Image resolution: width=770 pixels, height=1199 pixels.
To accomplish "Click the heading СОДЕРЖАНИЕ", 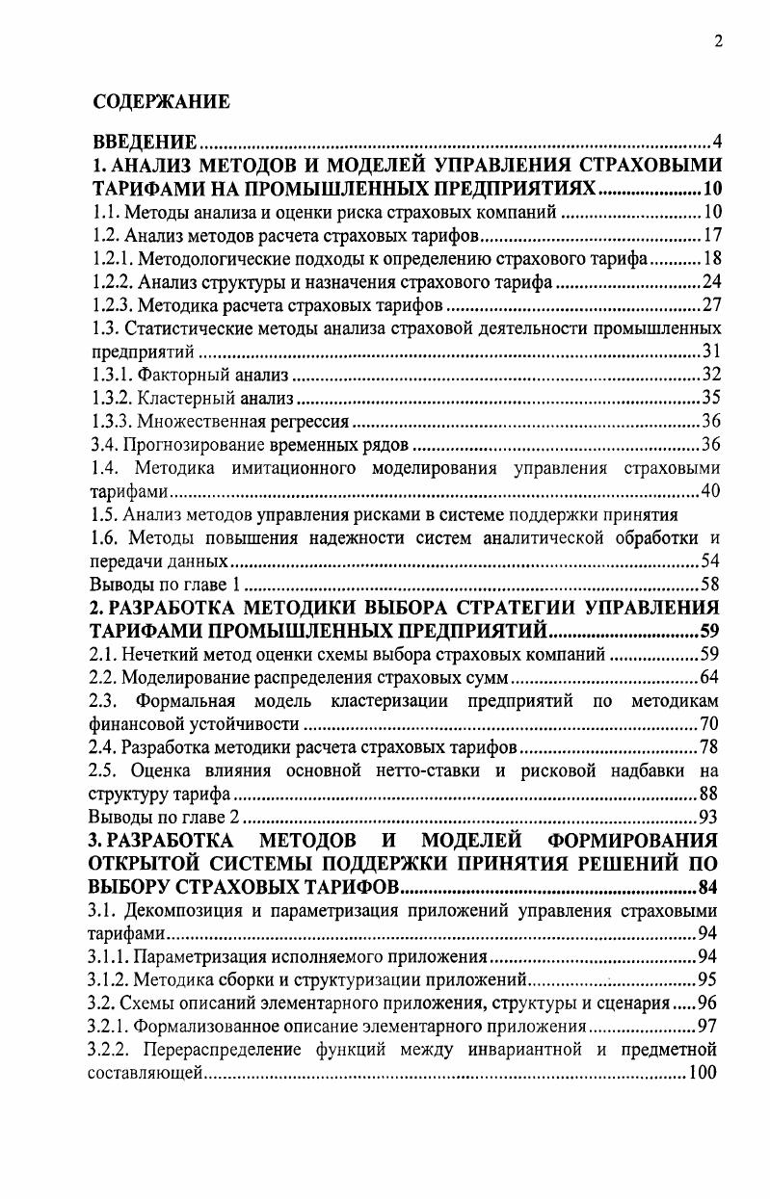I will tap(161, 101).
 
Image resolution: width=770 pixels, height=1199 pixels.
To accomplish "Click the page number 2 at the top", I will tap(718, 40).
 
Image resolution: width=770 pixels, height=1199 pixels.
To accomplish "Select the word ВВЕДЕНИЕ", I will tap(144, 143).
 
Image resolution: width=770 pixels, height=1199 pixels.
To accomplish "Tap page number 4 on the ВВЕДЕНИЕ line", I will tap(718, 143).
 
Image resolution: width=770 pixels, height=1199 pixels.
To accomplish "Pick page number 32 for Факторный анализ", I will tap(712, 375).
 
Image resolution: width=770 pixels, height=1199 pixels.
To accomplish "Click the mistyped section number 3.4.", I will tap(102, 445).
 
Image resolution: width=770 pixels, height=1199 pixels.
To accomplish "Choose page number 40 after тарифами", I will tap(712, 491).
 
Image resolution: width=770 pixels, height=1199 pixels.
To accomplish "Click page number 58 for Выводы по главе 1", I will tap(712, 585).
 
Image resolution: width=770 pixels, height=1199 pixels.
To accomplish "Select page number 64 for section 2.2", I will tap(712, 678).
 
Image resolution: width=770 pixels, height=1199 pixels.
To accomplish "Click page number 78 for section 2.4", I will tap(712, 747).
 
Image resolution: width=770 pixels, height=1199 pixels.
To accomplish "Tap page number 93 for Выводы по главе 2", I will tap(712, 818).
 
